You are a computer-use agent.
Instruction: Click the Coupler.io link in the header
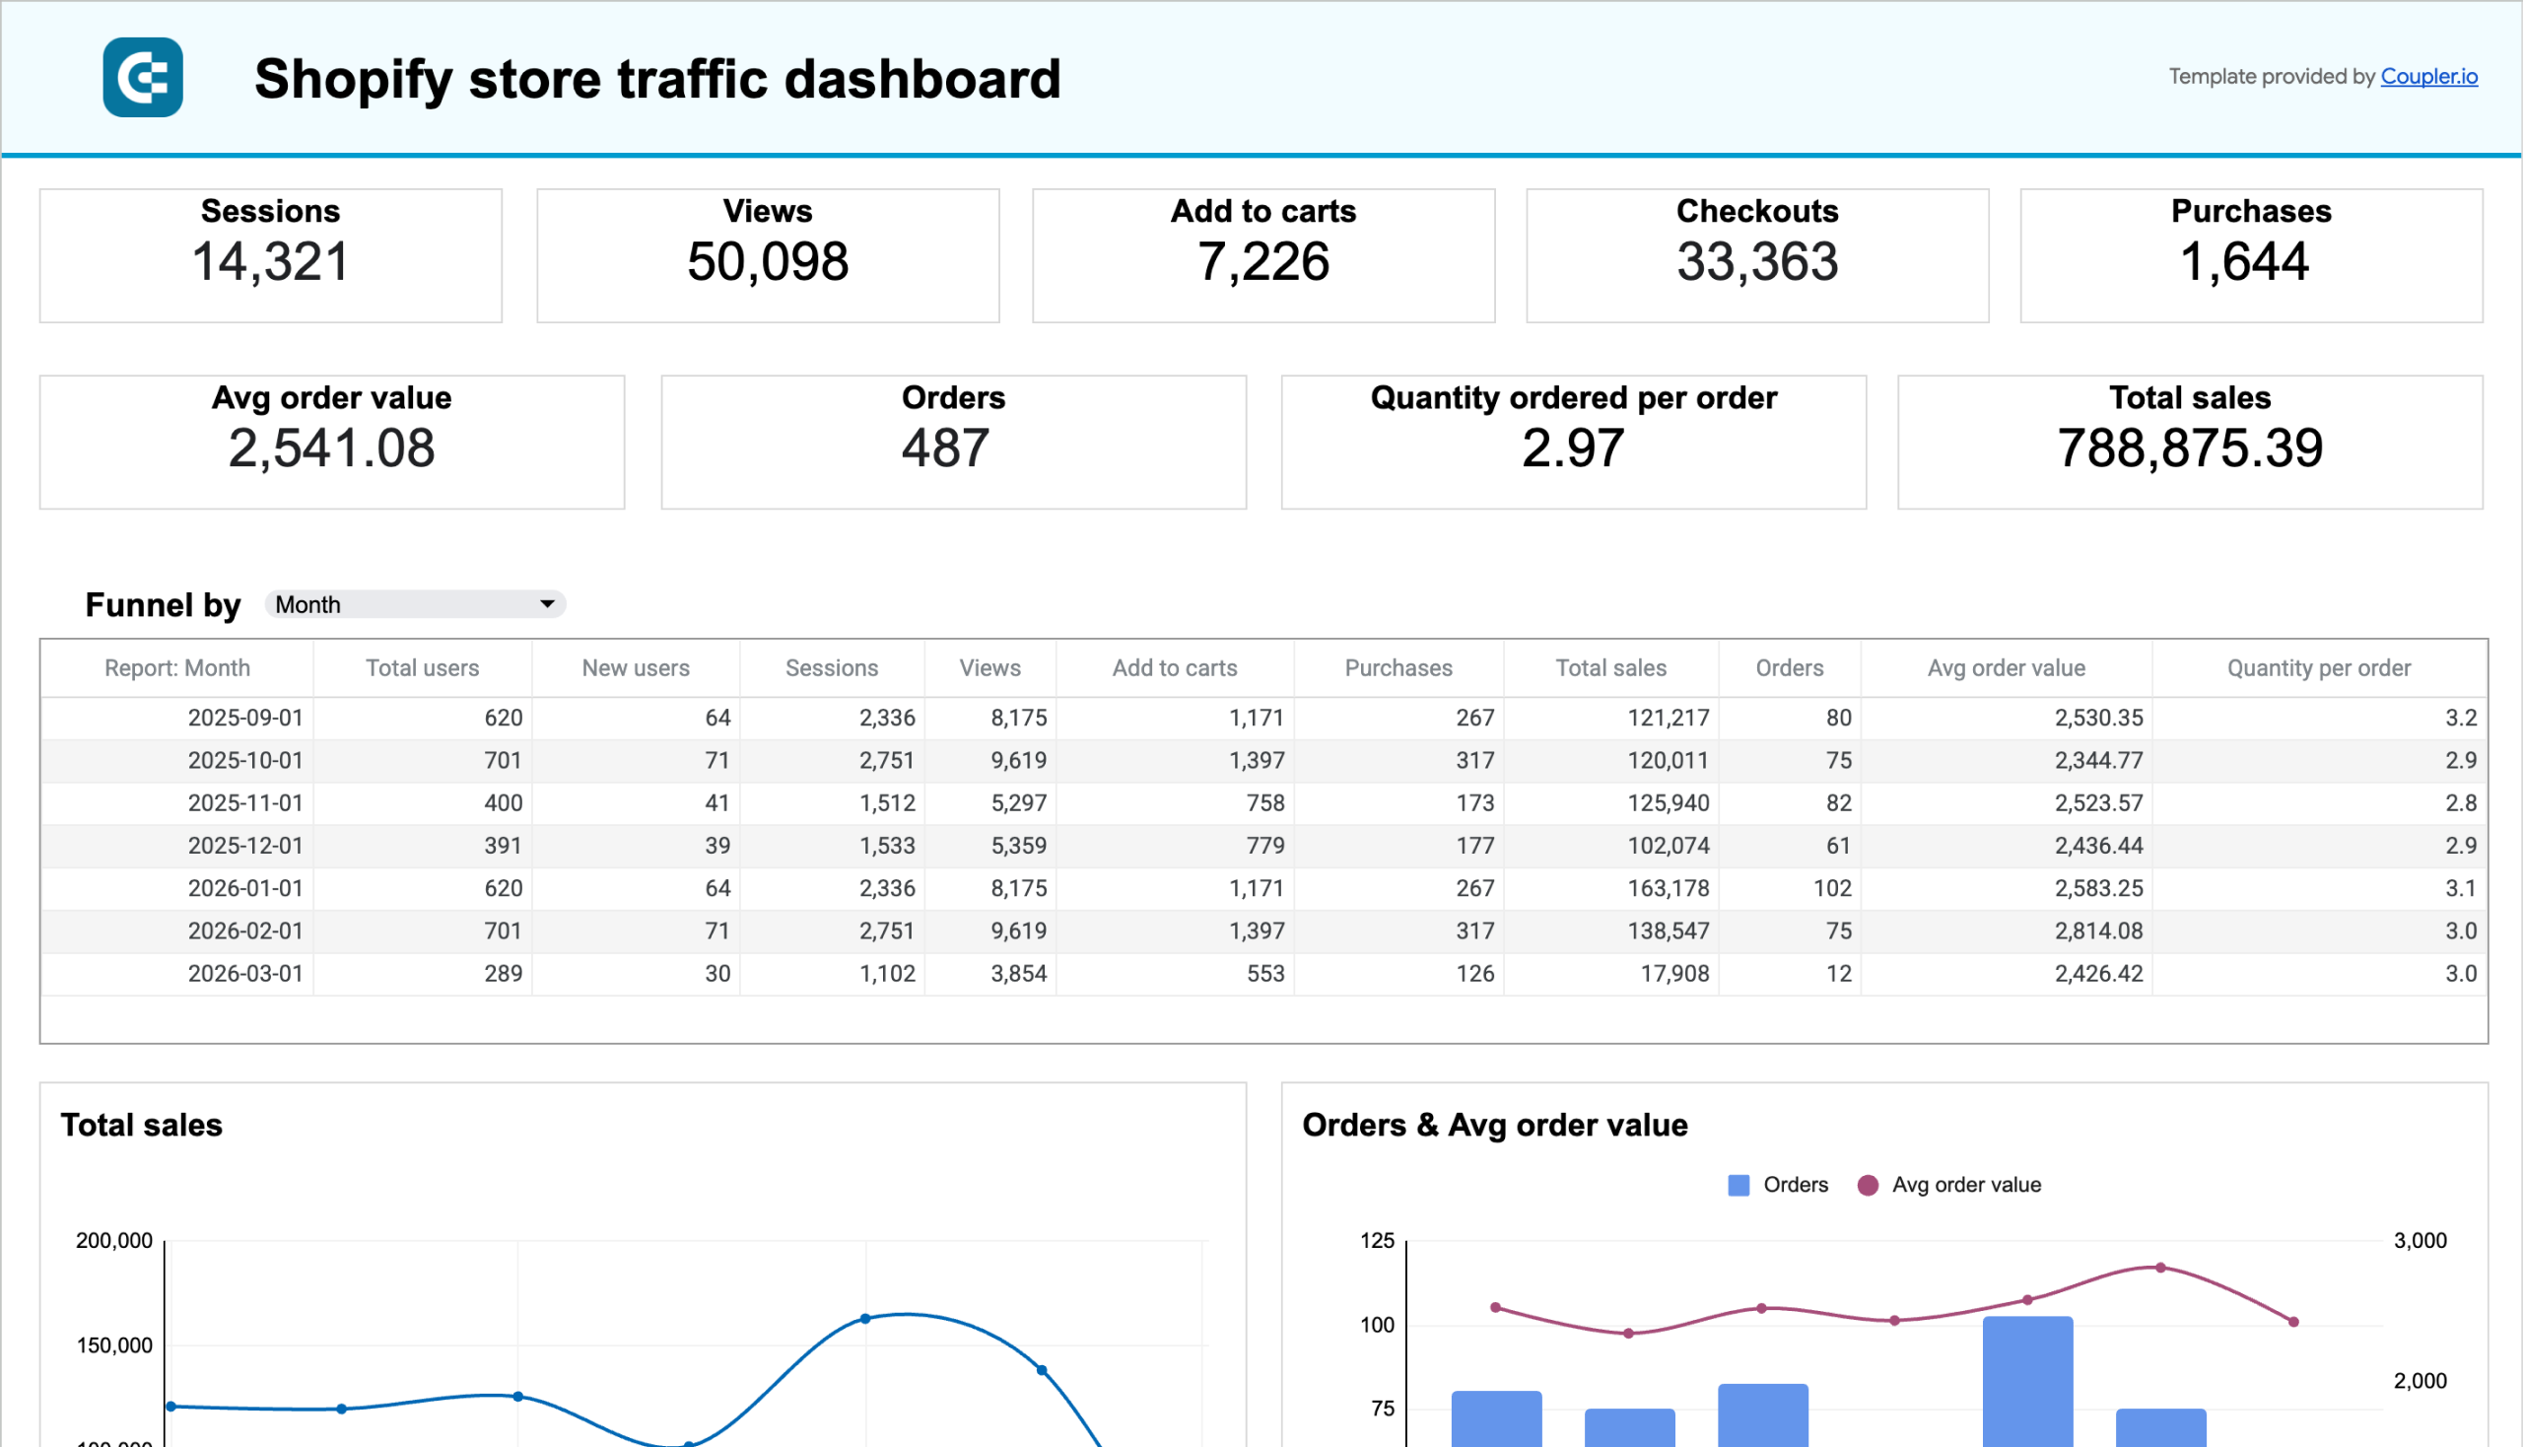[x=2427, y=77]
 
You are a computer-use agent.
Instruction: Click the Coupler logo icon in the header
[x=142, y=78]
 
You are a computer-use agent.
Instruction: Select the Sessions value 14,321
[x=270, y=262]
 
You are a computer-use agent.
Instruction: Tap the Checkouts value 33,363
[x=1757, y=262]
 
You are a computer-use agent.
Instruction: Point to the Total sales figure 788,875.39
[x=2189, y=448]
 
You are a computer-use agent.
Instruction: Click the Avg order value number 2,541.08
[x=331, y=448]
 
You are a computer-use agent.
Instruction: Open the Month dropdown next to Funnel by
[x=414, y=604]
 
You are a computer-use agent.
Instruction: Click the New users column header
[x=635, y=668]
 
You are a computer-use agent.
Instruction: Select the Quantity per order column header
[x=2317, y=668]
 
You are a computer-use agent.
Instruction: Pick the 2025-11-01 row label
[x=244, y=803]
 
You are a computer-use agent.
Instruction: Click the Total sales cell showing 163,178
[x=1668, y=888]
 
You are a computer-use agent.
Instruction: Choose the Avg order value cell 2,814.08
[x=2097, y=931]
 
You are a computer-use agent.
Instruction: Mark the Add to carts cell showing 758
[x=1265, y=803]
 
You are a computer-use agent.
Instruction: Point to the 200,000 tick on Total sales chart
[x=114, y=1240]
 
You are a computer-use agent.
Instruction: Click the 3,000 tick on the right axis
[x=2420, y=1240]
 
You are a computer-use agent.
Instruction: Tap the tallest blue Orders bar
[x=2027, y=1381]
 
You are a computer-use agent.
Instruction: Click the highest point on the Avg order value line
[x=2160, y=1269]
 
